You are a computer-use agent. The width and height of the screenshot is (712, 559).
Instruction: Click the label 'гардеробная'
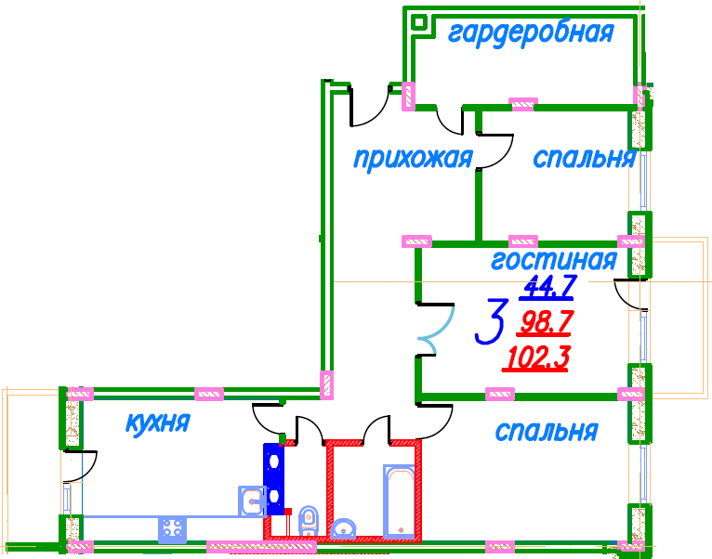tap(531, 33)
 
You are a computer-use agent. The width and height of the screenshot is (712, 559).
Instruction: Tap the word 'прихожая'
tap(414, 160)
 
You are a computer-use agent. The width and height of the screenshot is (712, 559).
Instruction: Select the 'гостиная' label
tap(554, 260)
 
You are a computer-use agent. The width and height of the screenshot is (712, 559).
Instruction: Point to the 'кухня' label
tap(158, 423)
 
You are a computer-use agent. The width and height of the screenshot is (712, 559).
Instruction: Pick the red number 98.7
tap(544, 322)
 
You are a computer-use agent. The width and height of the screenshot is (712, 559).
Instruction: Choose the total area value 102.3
tap(535, 358)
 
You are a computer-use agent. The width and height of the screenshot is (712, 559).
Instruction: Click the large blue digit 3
tap(491, 321)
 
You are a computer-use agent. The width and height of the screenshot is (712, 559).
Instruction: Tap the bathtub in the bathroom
tap(399, 500)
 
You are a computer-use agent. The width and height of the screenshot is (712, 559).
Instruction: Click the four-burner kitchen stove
tap(173, 529)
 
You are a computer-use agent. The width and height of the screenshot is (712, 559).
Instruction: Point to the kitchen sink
tap(252, 500)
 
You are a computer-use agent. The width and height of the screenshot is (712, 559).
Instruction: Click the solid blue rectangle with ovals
tap(274, 479)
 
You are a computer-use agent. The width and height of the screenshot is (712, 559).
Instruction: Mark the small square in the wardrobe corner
tap(419, 21)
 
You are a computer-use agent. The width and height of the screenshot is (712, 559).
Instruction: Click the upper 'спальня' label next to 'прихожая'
tap(584, 159)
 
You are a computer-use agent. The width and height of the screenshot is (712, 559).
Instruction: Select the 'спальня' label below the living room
tap(547, 431)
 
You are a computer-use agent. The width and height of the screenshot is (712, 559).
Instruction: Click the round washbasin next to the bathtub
tap(343, 528)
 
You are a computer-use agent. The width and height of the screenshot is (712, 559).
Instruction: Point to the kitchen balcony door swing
tap(81, 466)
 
